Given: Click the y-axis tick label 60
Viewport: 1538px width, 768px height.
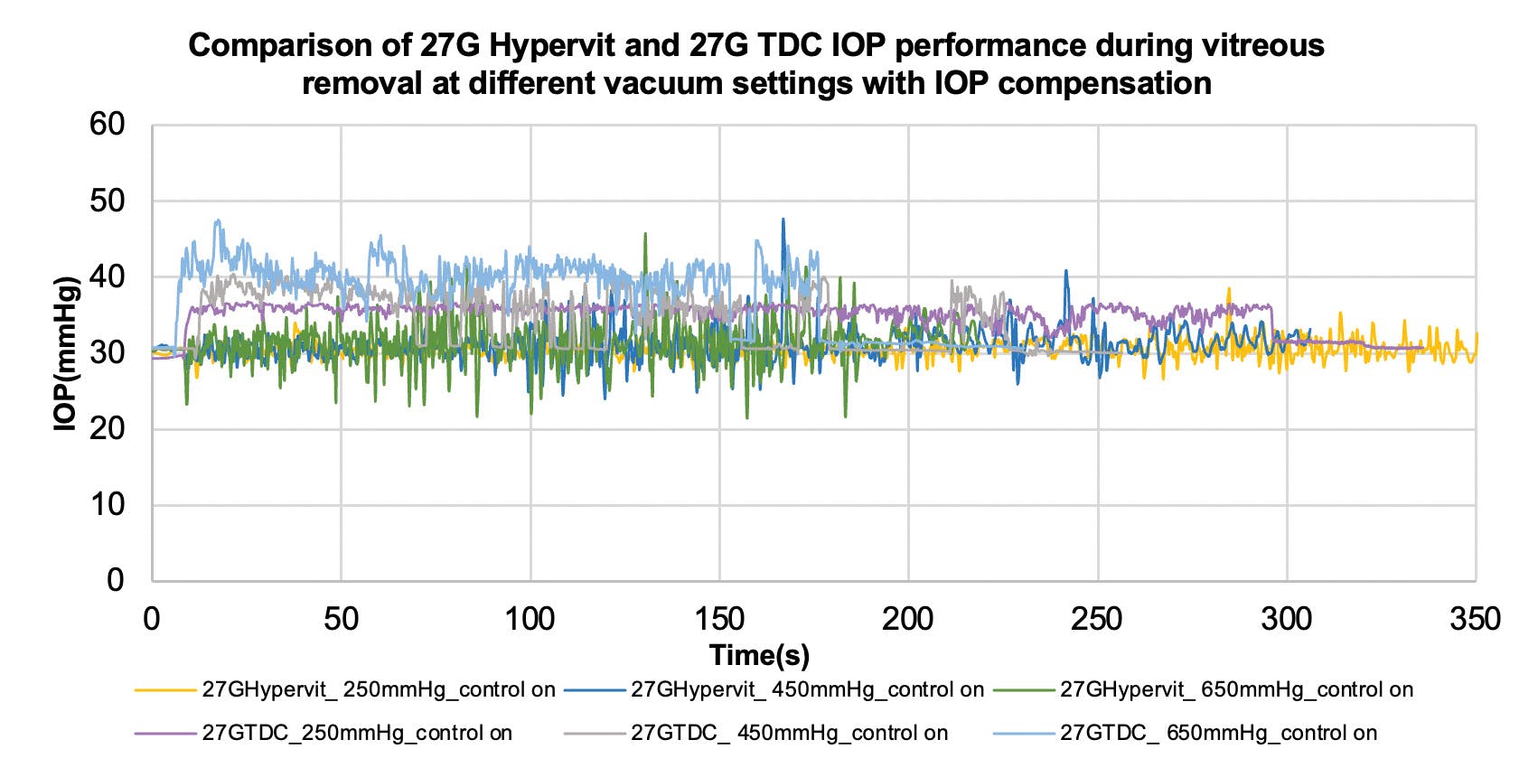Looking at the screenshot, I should pyautogui.click(x=107, y=125).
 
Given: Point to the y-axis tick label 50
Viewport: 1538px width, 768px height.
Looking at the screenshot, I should pyautogui.click(x=107, y=201).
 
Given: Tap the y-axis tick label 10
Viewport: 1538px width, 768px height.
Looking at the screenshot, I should pyautogui.click(x=107, y=504).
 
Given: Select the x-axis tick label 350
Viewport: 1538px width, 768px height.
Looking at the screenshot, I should pyautogui.click(x=1475, y=619).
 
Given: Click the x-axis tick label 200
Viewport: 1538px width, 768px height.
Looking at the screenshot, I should pyautogui.click(x=907, y=619).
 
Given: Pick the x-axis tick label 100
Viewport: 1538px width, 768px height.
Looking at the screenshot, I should pyautogui.click(x=530, y=619).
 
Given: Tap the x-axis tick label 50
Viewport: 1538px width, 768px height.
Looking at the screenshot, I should pyautogui.click(x=341, y=619).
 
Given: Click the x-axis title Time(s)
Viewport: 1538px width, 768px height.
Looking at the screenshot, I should pyautogui.click(x=759, y=655).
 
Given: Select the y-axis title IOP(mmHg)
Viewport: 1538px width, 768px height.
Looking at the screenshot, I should pyautogui.click(x=67, y=353).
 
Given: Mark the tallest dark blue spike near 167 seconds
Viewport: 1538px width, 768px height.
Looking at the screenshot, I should pyautogui.click(x=783, y=220).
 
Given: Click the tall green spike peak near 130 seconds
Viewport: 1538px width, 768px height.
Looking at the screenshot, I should pyautogui.click(x=644, y=234).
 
